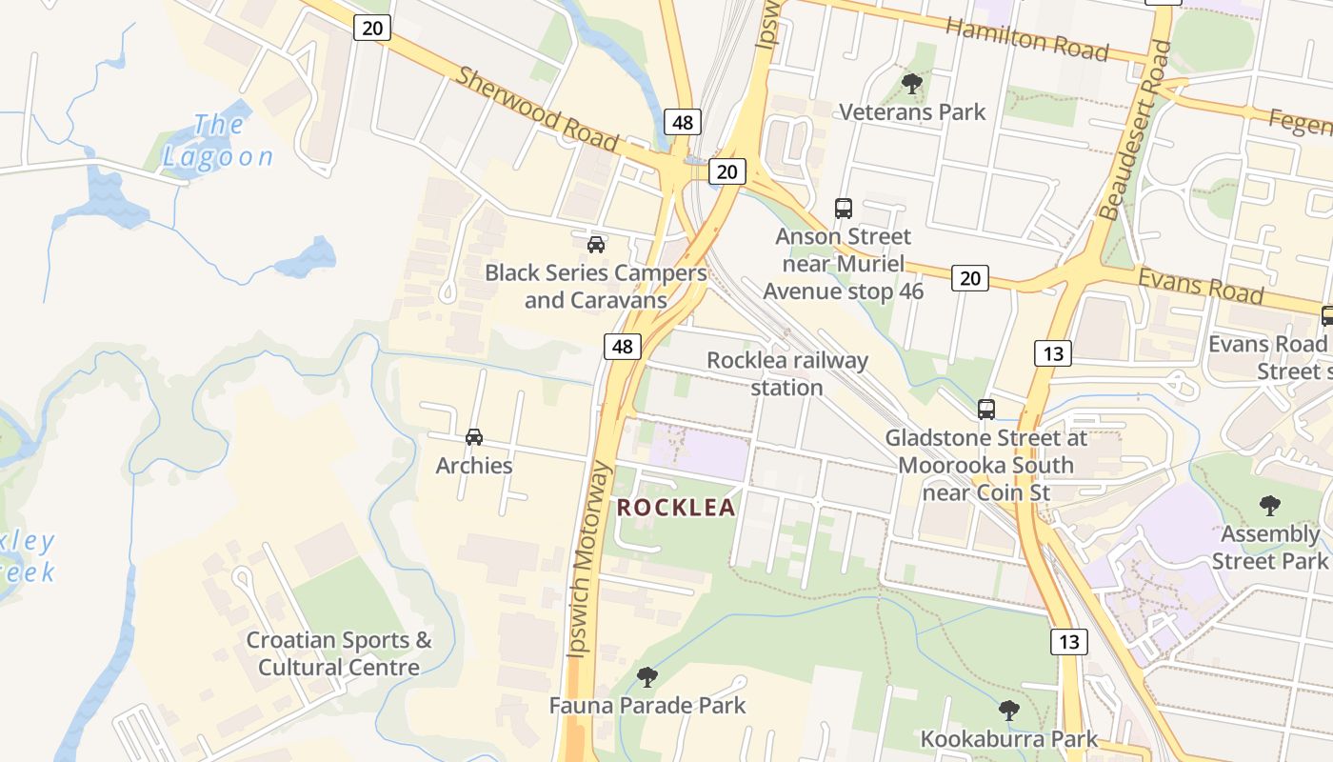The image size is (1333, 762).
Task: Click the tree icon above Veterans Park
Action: [912, 84]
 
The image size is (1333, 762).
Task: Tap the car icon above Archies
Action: [474, 437]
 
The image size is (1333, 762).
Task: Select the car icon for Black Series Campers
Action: [596, 244]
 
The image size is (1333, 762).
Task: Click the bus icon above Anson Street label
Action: [843, 208]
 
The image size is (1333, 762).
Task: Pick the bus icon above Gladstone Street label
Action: [986, 410]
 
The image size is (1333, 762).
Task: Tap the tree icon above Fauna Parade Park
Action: [647, 677]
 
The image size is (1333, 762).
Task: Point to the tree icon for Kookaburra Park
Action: [1009, 711]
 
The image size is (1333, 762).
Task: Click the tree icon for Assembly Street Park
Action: [1269, 505]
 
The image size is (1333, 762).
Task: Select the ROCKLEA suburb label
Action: [676, 508]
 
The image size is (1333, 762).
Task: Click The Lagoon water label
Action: [219, 141]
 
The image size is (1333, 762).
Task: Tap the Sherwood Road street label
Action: [537, 108]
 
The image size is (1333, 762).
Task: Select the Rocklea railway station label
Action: [787, 373]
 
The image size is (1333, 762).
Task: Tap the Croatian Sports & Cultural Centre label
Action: [339, 653]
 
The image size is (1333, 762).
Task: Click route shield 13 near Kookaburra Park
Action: [1069, 642]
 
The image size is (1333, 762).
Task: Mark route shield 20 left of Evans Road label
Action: [969, 278]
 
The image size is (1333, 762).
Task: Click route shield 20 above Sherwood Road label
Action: [372, 28]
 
